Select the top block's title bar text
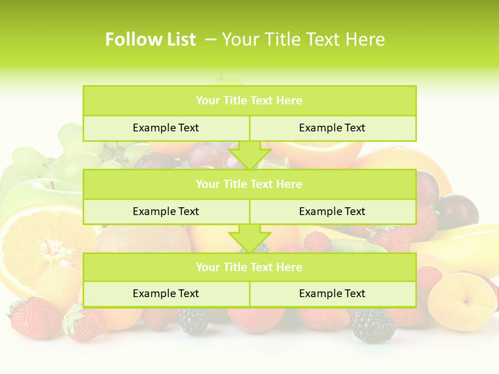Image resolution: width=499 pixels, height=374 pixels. [x=249, y=101]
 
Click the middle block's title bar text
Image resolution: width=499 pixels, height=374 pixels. [x=249, y=184]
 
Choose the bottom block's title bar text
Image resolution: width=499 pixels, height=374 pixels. [x=249, y=268]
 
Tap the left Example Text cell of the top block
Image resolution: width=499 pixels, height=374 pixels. [x=166, y=128]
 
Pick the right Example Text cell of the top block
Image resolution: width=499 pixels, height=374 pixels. [x=332, y=128]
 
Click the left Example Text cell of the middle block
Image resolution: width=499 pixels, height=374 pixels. [x=166, y=212]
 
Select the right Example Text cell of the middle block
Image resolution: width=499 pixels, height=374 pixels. [x=332, y=212]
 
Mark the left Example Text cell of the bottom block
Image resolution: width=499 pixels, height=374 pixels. [x=166, y=294]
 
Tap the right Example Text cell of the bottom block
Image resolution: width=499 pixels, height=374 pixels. [x=332, y=294]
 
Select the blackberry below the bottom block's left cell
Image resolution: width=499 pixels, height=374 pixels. [x=193, y=321]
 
